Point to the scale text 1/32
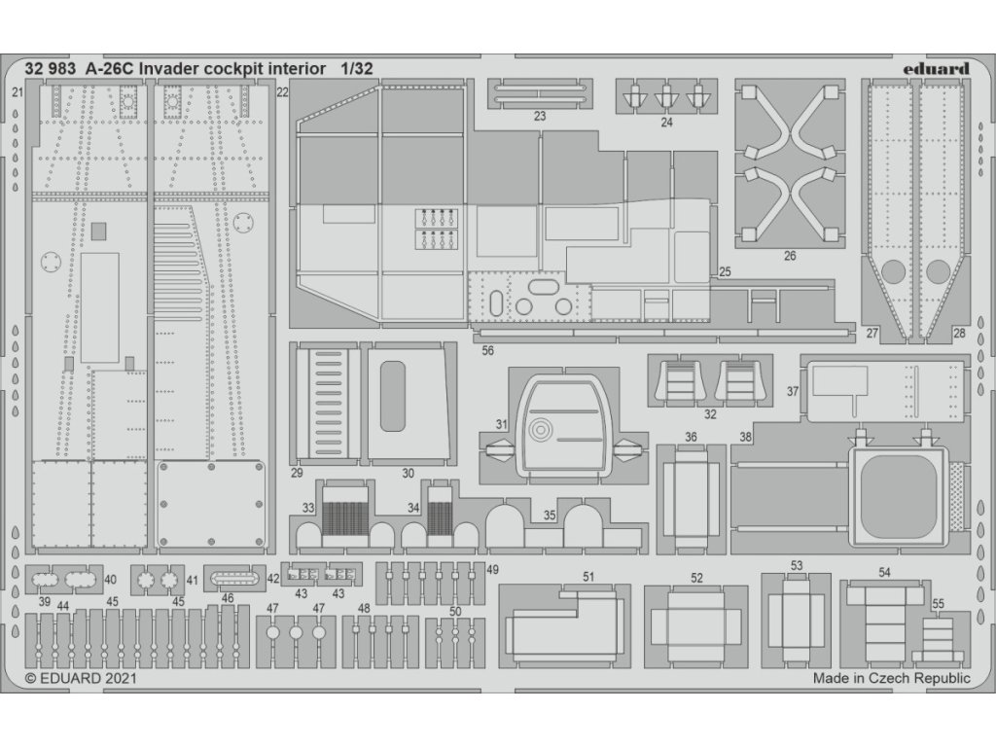click(357, 69)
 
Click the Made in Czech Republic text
click(892, 680)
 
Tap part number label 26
click(789, 256)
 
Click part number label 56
click(487, 350)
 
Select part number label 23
click(540, 116)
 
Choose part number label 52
click(696, 578)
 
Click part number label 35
click(550, 516)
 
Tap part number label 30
click(408, 474)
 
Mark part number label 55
click(938, 604)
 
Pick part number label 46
click(228, 599)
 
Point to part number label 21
click(18, 92)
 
